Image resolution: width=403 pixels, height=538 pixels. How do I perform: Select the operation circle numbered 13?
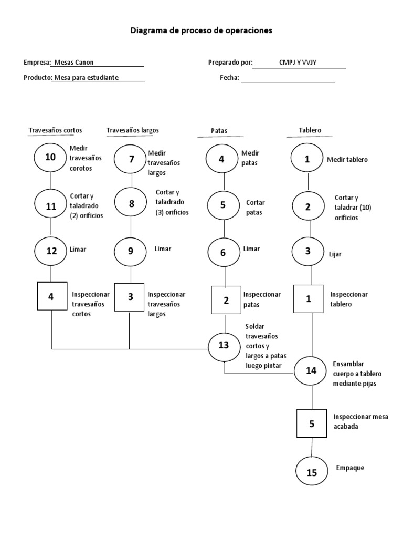tap(224, 345)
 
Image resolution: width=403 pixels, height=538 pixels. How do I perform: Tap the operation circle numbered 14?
tap(312, 370)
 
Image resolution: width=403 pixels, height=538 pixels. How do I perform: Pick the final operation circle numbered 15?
tap(312, 472)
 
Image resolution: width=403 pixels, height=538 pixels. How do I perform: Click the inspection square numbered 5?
tap(312, 423)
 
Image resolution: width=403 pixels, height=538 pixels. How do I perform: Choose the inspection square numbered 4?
tap(51, 297)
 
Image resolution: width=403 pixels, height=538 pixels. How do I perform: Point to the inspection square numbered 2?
tap(226, 301)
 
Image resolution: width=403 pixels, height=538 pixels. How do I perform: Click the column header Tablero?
tap(310, 130)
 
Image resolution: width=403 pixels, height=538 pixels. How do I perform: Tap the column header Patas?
tap(219, 131)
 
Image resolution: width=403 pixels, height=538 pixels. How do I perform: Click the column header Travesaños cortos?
tap(55, 130)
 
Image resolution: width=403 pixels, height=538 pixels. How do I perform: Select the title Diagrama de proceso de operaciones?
tap(201, 31)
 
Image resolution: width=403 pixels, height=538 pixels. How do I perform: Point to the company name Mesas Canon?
tap(73, 63)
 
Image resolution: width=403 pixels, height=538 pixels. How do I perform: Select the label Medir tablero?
tap(347, 160)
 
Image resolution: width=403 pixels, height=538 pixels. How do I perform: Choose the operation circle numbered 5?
tap(223, 205)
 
